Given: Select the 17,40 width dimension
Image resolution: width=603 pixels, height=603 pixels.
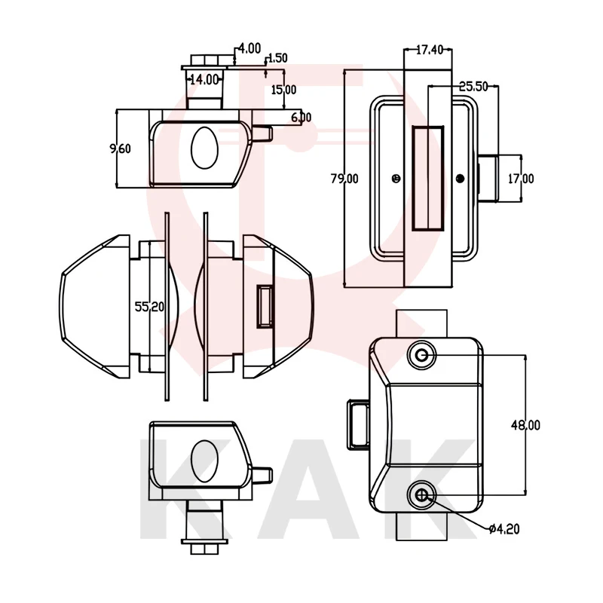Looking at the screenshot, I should pyautogui.click(x=429, y=50).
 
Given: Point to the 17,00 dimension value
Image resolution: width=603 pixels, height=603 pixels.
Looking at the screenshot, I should pyautogui.click(x=521, y=179).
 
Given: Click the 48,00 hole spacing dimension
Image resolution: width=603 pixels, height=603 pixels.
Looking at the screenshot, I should pyautogui.click(x=525, y=425).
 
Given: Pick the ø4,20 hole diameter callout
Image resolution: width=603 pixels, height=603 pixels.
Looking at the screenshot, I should pyautogui.click(x=504, y=528).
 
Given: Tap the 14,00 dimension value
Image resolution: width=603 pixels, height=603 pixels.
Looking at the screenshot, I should pyautogui.click(x=204, y=78).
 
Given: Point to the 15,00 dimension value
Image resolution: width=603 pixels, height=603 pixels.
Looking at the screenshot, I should pyautogui.click(x=283, y=90).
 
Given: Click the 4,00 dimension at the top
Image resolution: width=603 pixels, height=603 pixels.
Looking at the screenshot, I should pyautogui.click(x=249, y=48).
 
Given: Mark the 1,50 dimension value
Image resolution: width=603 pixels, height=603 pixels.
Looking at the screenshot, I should pyautogui.click(x=277, y=58).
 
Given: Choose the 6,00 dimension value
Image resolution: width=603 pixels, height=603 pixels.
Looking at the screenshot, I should pyautogui.click(x=301, y=117).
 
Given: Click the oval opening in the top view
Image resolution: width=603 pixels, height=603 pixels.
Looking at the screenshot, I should pyautogui.click(x=204, y=148).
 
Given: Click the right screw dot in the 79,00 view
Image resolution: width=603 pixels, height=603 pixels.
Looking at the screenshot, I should pyautogui.click(x=460, y=178).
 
